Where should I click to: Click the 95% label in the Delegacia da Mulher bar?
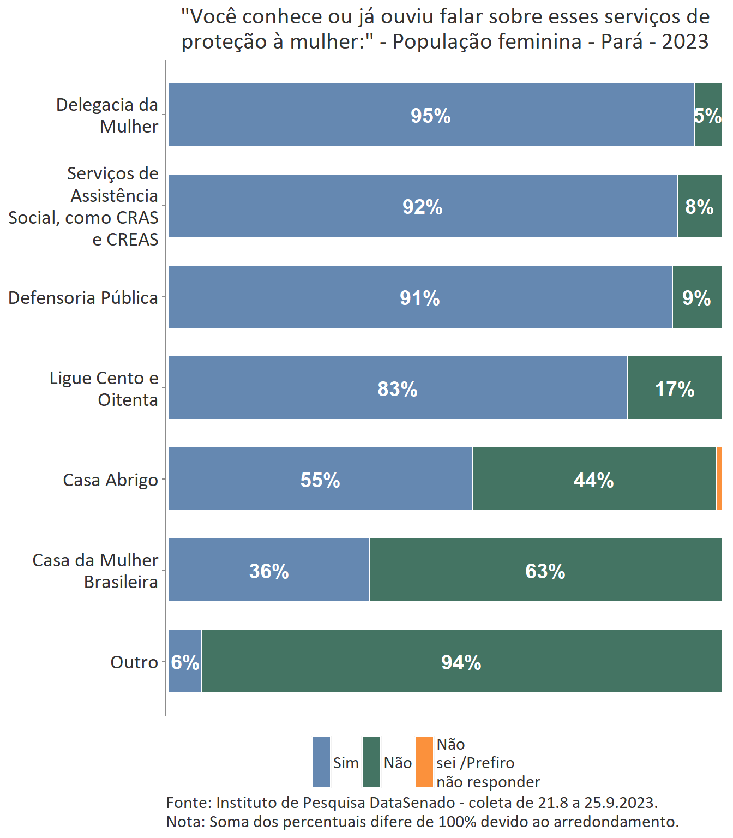pyautogui.click(x=430, y=116)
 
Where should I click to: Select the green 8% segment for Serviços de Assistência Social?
pyautogui.click(x=699, y=206)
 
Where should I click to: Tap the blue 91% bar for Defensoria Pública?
pyautogui.click(x=420, y=297)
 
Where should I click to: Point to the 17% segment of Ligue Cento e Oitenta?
pyautogui.click(x=674, y=388)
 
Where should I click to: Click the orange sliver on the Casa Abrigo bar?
pyautogui.click(x=719, y=479)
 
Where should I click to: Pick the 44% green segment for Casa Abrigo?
pyautogui.click(x=594, y=480)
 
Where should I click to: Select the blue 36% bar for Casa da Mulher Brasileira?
pyautogui.click(x=269, y=571)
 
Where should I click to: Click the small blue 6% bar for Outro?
pyautogui.click(x=185, y=662)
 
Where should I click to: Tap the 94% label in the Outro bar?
pyautogui.click(x=461, y=662)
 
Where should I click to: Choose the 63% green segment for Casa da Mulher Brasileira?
pyautogui.click(x=545, y=571)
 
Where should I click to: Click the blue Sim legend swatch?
pyautogui.click(x=321, y=762)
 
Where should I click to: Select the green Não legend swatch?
pyautogui.click(x=371, y=762)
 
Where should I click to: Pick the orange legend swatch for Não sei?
pyautogui.click(x=424, y=762)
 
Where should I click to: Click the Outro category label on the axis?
pyautogui.click(x=134, y=662)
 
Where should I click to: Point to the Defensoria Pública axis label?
pyautogui.click(x=83, y=298)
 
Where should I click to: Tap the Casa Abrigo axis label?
pyautogui.click(x=110, y=480)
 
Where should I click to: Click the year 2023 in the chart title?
pyautogui.click(x=685, y=41)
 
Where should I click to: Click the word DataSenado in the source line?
pyautogui.click(x=412, y=803)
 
